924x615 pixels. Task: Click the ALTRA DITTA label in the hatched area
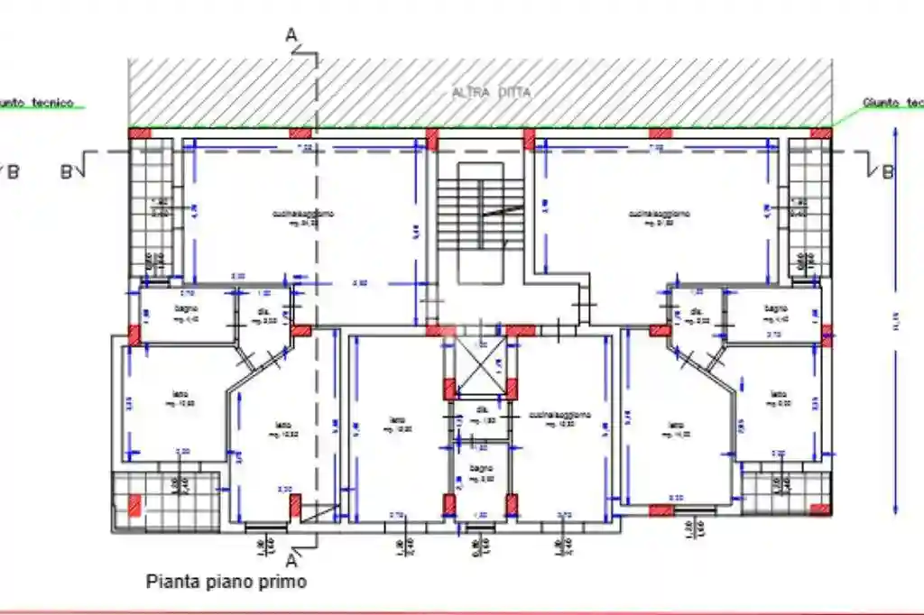[x=492, y=93]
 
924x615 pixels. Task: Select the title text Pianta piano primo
[x=226, y=582]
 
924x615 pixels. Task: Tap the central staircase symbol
[x=480, y=207]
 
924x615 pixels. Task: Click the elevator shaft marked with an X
[x=481, y=366]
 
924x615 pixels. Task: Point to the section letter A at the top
[x=291, y=34]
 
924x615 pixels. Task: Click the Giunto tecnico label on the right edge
[x=892, y=103]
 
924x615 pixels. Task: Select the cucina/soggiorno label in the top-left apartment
[x=304, y=215]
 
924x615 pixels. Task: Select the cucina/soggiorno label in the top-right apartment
[x=660, y=215]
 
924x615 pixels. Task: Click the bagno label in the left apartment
[x=187, y=309]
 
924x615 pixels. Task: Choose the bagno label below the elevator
[x=481, y=468]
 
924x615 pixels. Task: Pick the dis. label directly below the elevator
[x=481, y=410]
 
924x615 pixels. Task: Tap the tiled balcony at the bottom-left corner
[x=166, y=500]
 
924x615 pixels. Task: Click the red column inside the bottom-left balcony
[x=134, y=506]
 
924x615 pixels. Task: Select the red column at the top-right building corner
[x=820, y=133]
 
